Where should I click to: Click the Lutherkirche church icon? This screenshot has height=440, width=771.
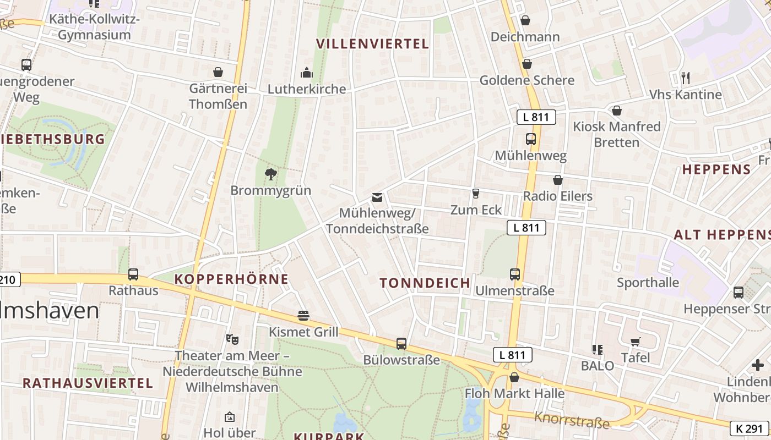(x=306, y=73)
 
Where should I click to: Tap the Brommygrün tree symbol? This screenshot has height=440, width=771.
(x=270, y=174)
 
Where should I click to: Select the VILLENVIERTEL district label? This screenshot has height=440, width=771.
(x=373, y=44)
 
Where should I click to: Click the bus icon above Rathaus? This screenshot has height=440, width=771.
(x=133, y=274)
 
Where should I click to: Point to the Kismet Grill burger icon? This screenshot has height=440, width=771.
(x=303, y=316)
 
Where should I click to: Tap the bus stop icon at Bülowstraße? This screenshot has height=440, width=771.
(x=401, y=344)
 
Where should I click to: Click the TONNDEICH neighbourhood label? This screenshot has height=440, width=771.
(x=425, y=283)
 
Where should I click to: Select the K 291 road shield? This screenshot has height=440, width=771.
(x=749, y=428)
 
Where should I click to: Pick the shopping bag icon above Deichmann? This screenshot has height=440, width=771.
(x=525, y=20)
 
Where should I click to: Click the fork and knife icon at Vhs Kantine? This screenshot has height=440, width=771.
(x=685, y=78)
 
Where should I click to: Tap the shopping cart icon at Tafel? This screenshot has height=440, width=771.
(x=636, y=342)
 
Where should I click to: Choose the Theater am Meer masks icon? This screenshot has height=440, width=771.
(x=232, y=339)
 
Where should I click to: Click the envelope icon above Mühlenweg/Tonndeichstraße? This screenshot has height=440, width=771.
(x=377, y=197)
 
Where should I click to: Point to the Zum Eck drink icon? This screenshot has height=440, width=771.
(x=476, y=194)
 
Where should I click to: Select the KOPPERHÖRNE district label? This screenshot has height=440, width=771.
(x=231, y=279)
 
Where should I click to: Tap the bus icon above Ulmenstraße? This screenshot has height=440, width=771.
(x=515, y=274)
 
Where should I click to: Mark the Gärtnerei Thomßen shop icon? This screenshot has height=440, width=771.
(x=218, y=72)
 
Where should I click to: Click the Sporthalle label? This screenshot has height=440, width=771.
(x=648, y=283)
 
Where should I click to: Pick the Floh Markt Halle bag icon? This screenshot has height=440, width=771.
(x=514, y=377)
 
